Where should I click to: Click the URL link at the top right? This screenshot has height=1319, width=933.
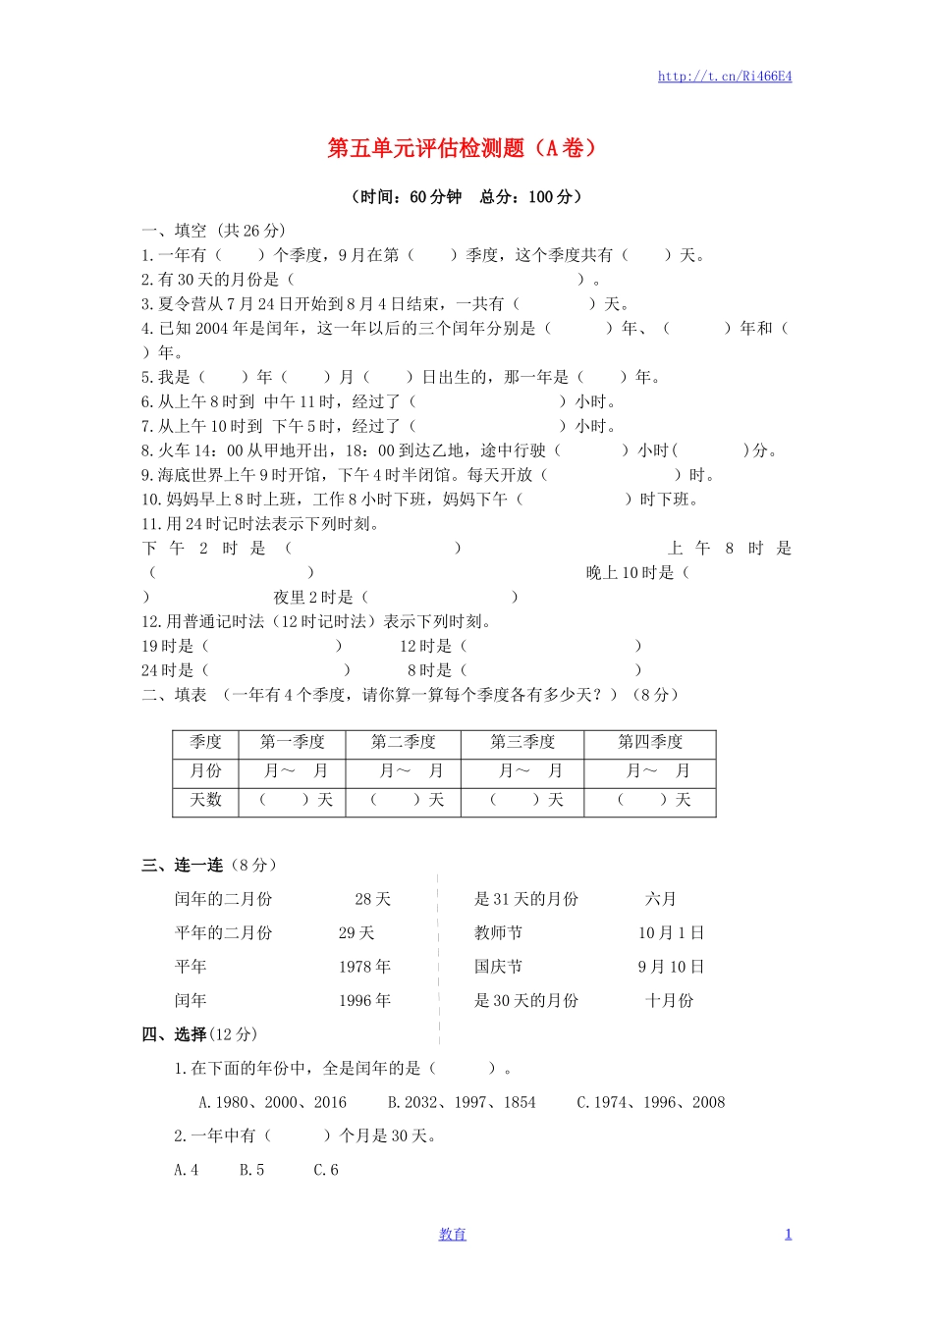click(725, 77)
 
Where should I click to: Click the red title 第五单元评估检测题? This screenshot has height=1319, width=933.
click(462, 148)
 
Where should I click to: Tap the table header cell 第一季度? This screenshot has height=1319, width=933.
click(292, 743)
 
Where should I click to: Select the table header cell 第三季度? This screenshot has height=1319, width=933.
click(522, 743)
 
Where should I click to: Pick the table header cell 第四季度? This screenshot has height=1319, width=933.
click(649, 743)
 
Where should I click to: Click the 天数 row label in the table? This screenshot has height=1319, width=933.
click(206, 801)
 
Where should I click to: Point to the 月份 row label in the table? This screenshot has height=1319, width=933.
click(206, 771)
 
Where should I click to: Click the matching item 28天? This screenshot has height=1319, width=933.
click(373, 900)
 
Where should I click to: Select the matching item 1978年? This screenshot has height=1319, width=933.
click(364, 968)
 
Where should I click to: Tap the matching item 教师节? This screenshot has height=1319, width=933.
click(498, 933)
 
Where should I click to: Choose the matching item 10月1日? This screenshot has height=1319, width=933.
click(671, 933)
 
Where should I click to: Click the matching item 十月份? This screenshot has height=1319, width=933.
click(669, 1001)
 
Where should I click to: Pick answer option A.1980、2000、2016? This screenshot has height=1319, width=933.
click(272, 1103)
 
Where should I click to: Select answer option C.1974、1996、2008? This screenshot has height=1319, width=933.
click(650, 1103)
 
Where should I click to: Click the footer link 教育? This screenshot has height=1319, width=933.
click(453, 1235)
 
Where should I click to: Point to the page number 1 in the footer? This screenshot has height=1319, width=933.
click(788, 1235)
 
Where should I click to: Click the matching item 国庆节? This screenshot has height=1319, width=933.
click(498, 968)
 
